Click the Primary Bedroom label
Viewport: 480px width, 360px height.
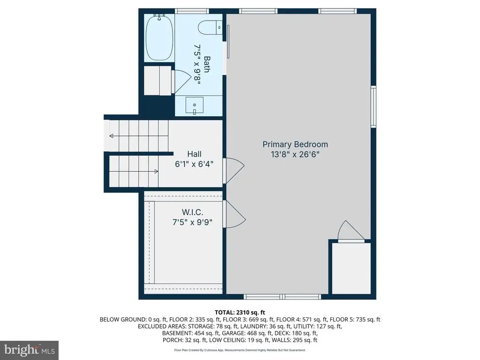tap(295, 144)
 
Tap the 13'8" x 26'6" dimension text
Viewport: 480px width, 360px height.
tap(295, 154)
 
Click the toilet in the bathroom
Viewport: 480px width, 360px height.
tap(210, 28)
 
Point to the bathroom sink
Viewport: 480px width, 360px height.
tap(195, 105)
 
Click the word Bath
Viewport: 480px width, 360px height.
tap(207, 64)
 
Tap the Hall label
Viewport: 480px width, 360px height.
tap(195, 154)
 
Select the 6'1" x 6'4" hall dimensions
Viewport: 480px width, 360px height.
tap(194, 165)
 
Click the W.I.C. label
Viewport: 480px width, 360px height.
tap(193, 212)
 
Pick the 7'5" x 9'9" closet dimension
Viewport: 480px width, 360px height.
tap(193, 222)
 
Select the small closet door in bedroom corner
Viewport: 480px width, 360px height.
tap(351, 232)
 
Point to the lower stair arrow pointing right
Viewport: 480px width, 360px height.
tap(134, 172)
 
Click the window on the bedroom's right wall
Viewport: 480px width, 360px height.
tap(374, 106)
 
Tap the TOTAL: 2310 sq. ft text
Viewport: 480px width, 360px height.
tap(240, 313)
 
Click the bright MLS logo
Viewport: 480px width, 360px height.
tap(30, 350)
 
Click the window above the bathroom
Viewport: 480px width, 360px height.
tap(192, 11)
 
